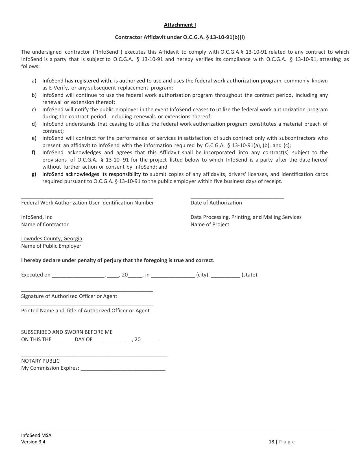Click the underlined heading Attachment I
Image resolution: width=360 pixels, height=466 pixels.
tap(180, 25)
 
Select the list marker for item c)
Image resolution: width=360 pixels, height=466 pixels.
tap(34, 110)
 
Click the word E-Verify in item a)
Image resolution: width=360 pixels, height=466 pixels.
tap(59, 88)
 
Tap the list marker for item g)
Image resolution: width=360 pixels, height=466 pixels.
tap(34, 174)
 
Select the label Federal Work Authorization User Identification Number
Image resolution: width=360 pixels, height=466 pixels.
tap(88, 203)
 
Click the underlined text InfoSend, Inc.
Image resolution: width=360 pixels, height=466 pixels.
tap(37, 217)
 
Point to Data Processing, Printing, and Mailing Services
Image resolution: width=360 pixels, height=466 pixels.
tap(246, 217)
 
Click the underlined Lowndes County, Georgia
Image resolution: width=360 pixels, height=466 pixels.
tap(52, 239)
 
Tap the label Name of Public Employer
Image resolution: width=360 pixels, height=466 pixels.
tap(51, 246)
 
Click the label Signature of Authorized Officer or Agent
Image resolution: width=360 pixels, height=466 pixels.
tap(69, 296)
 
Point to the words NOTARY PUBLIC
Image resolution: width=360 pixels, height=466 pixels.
tap(40, 361)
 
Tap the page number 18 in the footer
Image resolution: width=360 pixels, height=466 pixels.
tap(271, 442)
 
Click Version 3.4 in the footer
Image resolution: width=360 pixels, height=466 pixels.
tap(33, 442)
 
